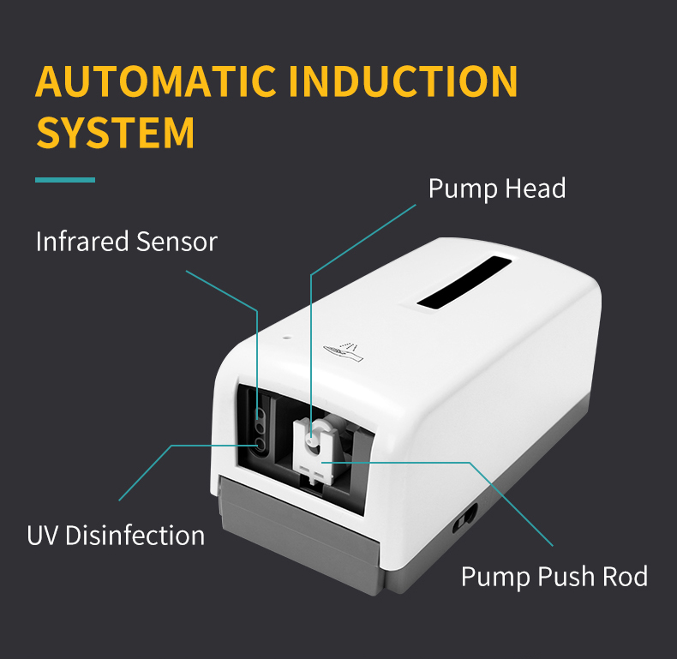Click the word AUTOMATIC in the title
click(155, 81)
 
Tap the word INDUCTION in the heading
click(404, 81)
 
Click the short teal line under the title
click(65, 180)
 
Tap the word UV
click(43, 536)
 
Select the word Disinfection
click(135, 536)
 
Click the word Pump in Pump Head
click(461, 189)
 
